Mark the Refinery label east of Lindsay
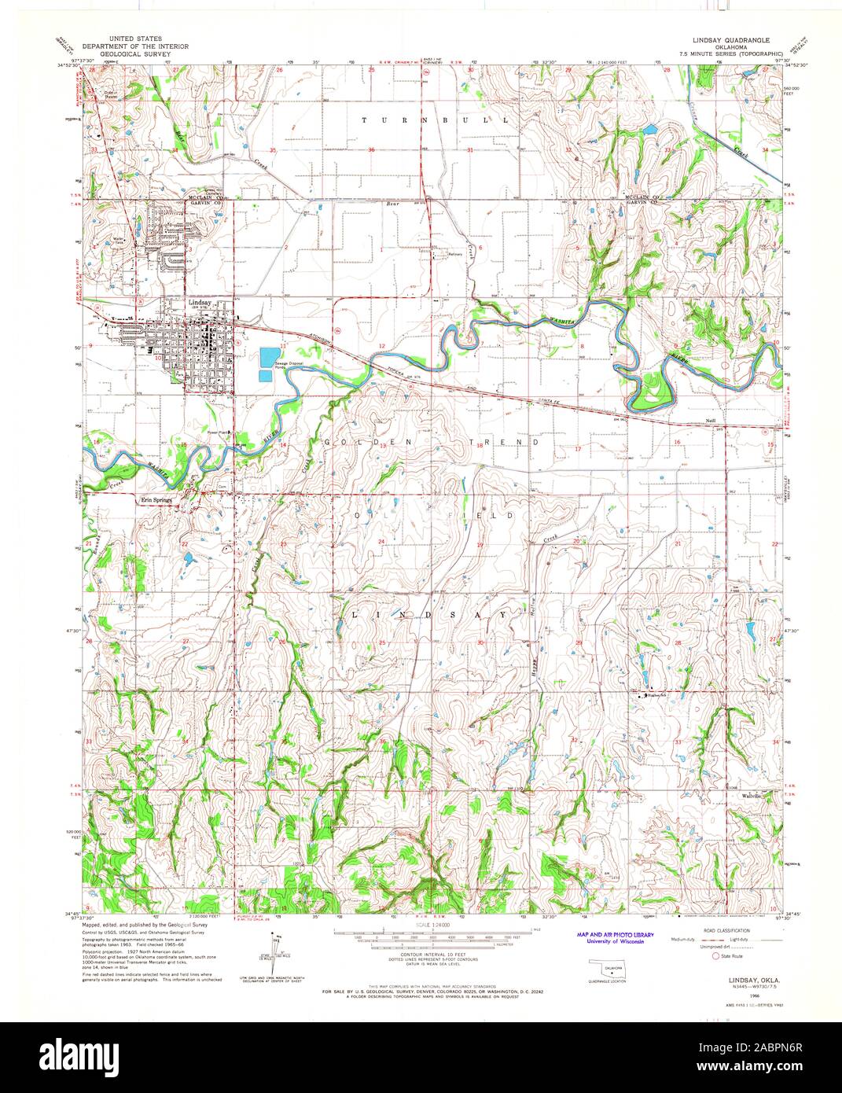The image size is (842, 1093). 448,255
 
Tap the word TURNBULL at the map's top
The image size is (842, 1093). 435,120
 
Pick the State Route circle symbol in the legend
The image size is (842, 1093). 715,957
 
